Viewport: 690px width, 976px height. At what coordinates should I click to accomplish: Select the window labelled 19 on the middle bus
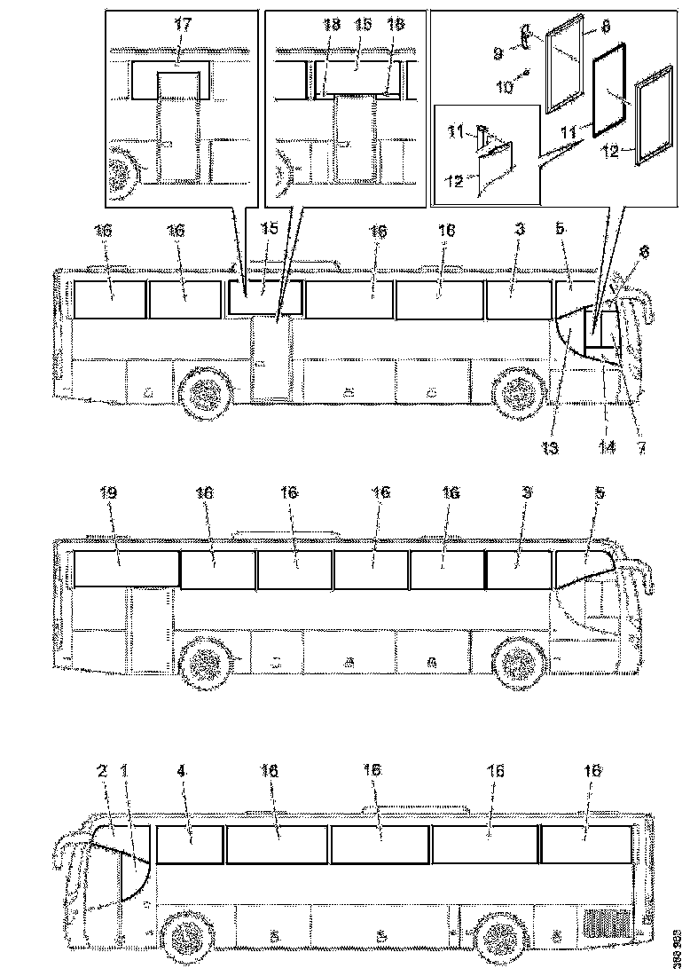pyautogui.click(x=124, y=568)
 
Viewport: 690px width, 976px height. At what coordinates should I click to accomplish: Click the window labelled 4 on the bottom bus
pyautogui.click(x=189, y=844)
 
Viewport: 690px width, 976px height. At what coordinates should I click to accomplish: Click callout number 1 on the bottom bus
pyautogui.click(x=125, y=772)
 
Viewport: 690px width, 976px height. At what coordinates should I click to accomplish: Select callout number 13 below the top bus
pyautogui.click(x=553, y=448)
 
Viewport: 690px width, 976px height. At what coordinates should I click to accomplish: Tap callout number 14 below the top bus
pyautogui.click(x=607, y=448)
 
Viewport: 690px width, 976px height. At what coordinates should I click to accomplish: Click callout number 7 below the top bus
pyautogui.click(x=639, y=448)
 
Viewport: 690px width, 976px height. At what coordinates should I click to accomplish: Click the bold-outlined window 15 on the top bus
pyautogui.click(x=265, y=297)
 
